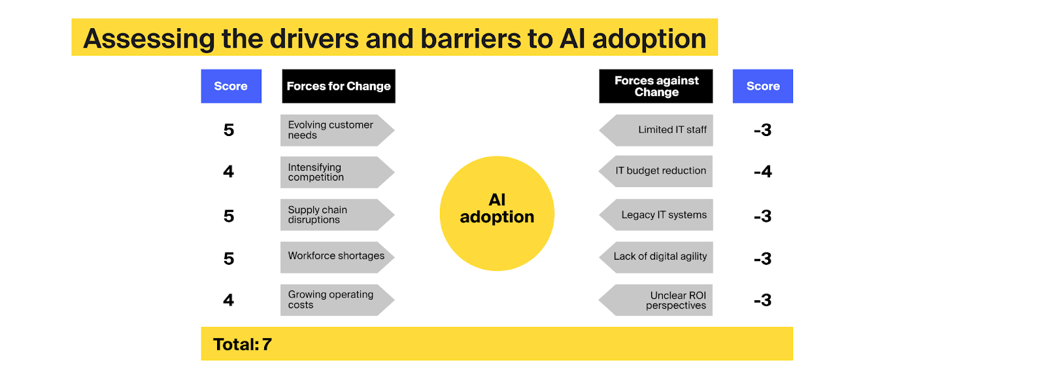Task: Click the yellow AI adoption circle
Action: [497, 213]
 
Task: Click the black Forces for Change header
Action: [339, 86]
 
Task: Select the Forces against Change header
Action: [656, 86]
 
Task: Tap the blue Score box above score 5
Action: [231, 86]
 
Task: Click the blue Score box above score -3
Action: [763, 86]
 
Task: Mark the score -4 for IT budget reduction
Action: [763, 172]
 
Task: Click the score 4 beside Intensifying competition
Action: [228, 172]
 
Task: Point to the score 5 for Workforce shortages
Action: [229, 259]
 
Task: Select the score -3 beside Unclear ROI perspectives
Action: [763, 301]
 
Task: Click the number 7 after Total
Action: [267, 345]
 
